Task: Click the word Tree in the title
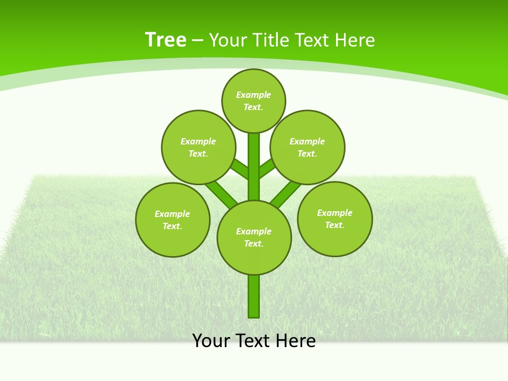coord(166,40)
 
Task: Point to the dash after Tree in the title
coord(197,40)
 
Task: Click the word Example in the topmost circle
coord(253,95)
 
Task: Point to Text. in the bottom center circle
coord(253,243)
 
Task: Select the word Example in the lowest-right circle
coord(334,213)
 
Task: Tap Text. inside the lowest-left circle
coord(173,226)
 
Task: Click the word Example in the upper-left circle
coord(198,141)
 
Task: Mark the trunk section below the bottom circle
coord(254,296)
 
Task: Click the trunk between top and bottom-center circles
coord(254,167)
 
